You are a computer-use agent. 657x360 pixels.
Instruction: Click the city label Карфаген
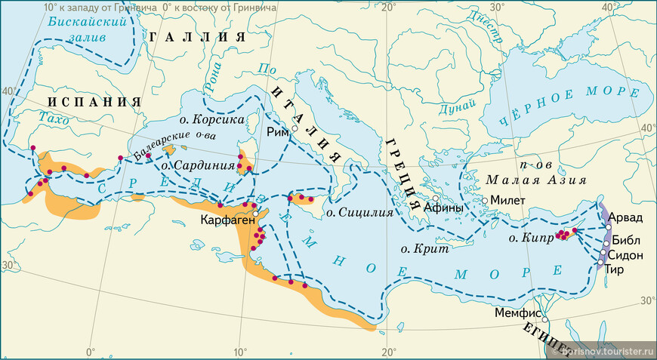[x=225, y=220]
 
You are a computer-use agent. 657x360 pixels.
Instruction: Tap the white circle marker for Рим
[x=296, y=129]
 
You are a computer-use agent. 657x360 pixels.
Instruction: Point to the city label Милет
[x=506, y=200]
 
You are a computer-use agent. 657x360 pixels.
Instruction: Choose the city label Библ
[x=625, y=240]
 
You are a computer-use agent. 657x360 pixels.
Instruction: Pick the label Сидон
[x=625, y=255]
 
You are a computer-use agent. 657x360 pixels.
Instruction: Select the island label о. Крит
[x=424, y=248]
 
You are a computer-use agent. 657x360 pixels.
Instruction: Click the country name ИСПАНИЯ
[x=95, y=102]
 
